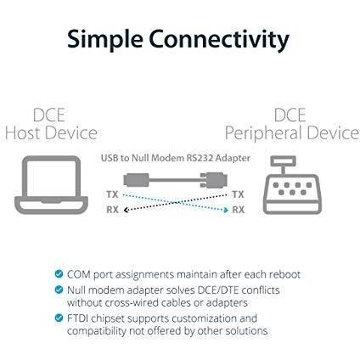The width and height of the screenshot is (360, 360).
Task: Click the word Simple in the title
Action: coord(105,40)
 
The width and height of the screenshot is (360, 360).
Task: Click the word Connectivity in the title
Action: coord(219,39)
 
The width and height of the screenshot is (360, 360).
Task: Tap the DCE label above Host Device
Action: coord(49,115)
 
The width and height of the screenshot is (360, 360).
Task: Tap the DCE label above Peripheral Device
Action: coord(290,115)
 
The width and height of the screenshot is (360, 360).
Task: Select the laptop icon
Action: coord(51,184)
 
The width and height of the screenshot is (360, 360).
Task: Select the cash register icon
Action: coord(292,185)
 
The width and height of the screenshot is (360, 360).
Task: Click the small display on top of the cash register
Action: coord(284,161)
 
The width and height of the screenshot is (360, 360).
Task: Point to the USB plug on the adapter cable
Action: coord(136,180)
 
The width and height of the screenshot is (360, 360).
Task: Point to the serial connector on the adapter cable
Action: coord(214,180)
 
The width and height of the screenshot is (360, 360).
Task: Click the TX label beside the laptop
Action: coord(112,194)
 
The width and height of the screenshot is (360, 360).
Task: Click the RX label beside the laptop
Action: coord(112,210)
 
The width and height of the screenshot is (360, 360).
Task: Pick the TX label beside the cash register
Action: coord(238,194)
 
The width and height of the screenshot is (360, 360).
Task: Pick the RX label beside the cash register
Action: coord(239,210)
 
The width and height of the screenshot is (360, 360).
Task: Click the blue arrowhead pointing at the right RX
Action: coord(226,210)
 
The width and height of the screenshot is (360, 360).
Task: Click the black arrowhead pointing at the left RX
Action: coord(127,210)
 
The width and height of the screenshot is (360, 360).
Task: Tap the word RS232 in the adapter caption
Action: coord(200,158)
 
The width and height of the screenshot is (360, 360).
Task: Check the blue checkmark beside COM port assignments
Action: coord(59,274)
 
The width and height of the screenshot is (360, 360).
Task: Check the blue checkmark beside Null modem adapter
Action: coord(59,290)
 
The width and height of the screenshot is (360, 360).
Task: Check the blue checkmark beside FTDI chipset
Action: coord(59,318)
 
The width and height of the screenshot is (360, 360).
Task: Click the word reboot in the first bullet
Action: coord(284,274)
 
